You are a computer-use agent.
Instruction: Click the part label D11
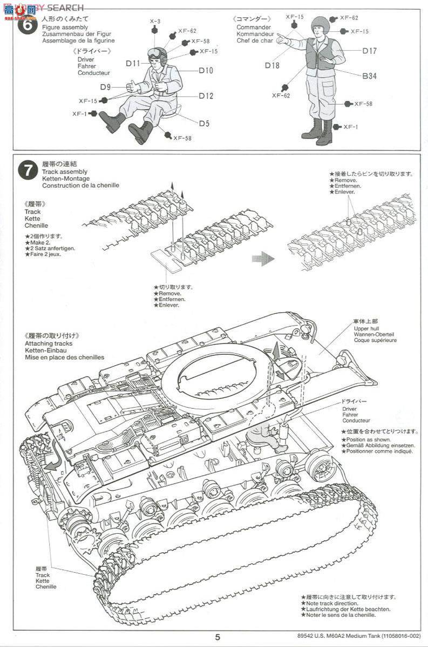coord(133,64)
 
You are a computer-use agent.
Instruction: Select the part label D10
coord(206,70)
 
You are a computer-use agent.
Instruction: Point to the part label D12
coord(206,96)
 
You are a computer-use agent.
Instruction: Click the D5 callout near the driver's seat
coord(203,123)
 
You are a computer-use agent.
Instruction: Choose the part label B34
coord(369,77)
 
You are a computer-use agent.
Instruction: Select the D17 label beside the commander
coord(369,51)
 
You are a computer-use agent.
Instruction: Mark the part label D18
coord(272,65)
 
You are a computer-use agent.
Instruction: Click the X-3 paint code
coord(155,21)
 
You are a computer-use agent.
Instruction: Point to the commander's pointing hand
coord(281,40)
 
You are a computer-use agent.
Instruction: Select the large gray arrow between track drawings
coord(263,258)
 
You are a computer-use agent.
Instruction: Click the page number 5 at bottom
coord(216,637)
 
